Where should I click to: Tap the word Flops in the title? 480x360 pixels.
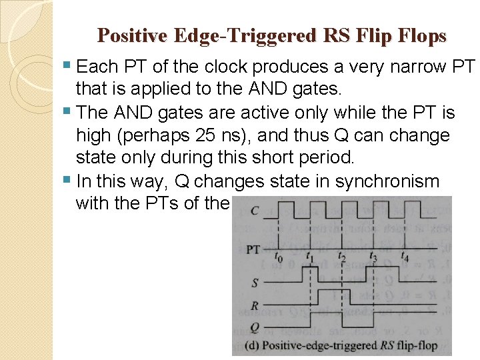pyautogui.click(x=423, y=35)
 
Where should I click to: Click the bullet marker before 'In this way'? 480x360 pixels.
pyautogui.click(x=70, y=180)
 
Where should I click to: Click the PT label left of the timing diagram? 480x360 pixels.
pyautogui.click(x=253, y=250)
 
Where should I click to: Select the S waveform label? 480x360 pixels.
pyautogui.click(x=255, y=283)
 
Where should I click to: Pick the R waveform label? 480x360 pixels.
pyautogui.click(x=255, y=307)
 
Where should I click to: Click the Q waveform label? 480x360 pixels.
pyautogui.click(x=255, y=328)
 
